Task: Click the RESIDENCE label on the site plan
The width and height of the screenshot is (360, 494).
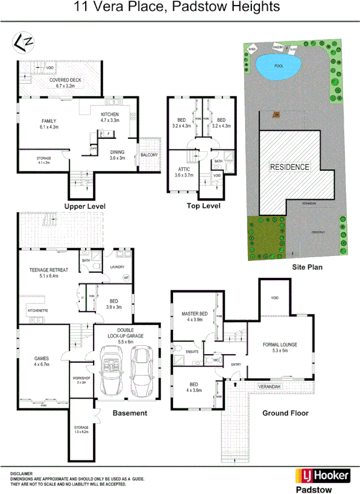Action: point(289,167)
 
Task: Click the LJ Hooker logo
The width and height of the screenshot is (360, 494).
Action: point(322,475)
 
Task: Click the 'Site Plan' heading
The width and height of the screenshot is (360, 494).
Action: point(306,267)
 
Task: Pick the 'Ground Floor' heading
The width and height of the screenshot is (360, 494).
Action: point(285,413)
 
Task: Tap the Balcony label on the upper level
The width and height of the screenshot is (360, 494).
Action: point(149,155)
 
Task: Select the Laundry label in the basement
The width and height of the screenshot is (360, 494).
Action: point(117,267)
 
